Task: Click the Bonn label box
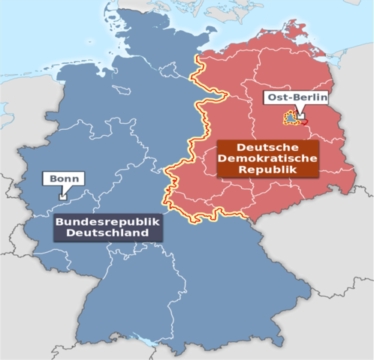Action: click(x=63, y=179)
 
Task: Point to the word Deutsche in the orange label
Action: click(x=267, y=147)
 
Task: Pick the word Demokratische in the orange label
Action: click(x=267, y=158)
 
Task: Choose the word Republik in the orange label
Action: click(x=267, y=169)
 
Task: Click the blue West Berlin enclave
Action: click(x=288, y=118)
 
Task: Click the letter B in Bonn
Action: click(x=50, y=179)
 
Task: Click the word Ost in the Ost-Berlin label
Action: click(x=273, y=98)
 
